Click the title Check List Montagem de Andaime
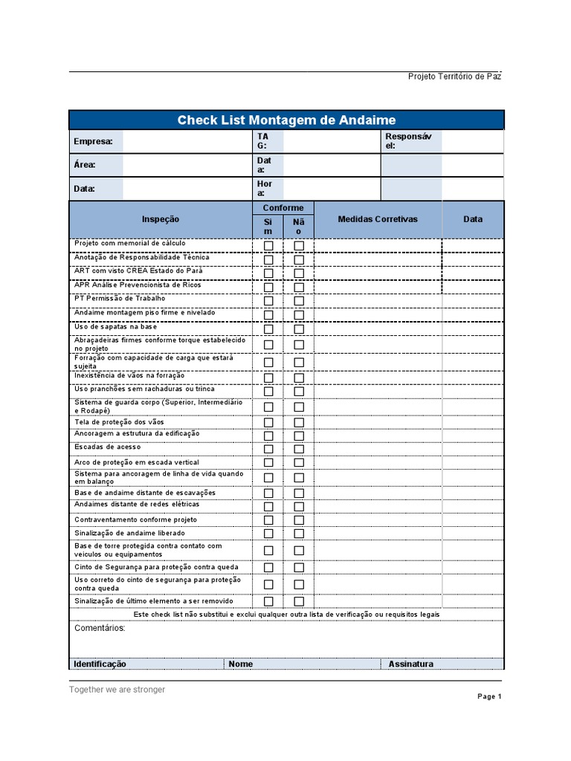pyautogui.click(x=286, y=120)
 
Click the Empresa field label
pyautogui.click(x=93, y=142)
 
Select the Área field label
pyautogui.click(x=84, y=165)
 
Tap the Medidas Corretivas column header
pyautogui.click(x=378, y=219)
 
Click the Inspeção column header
pyautogui.click(x=161, y=219)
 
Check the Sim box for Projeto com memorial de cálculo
pyautogui.click(x=268, y=246)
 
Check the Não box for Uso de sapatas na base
pyautogui.click(x=299, y=329)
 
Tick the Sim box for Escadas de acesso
pyautogui.click(x=268, y=449)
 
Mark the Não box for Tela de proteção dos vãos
pyautogui.click(x=299, y=423)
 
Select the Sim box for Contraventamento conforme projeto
pyautogui.click(x=268, y=520)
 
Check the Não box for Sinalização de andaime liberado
pyautogui.click(x=299, y=534)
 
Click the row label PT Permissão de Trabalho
pyautogui.click(x=114, y=299)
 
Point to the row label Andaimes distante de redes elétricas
pyautogui.click(x=137, y=504)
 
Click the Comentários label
pyautogui.click(x=100, y=628)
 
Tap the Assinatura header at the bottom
pyautogui.click(x=410, y=664)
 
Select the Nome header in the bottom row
pyautogui.click(x=241, y=664)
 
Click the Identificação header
pyautogui.click(x=100, y=664)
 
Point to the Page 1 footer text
pyautogui.click(x=489, y=697)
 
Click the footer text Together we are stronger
pyautogui.click(x=117, y=690)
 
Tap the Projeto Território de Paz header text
pyautogui.click(x=454, y=77)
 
